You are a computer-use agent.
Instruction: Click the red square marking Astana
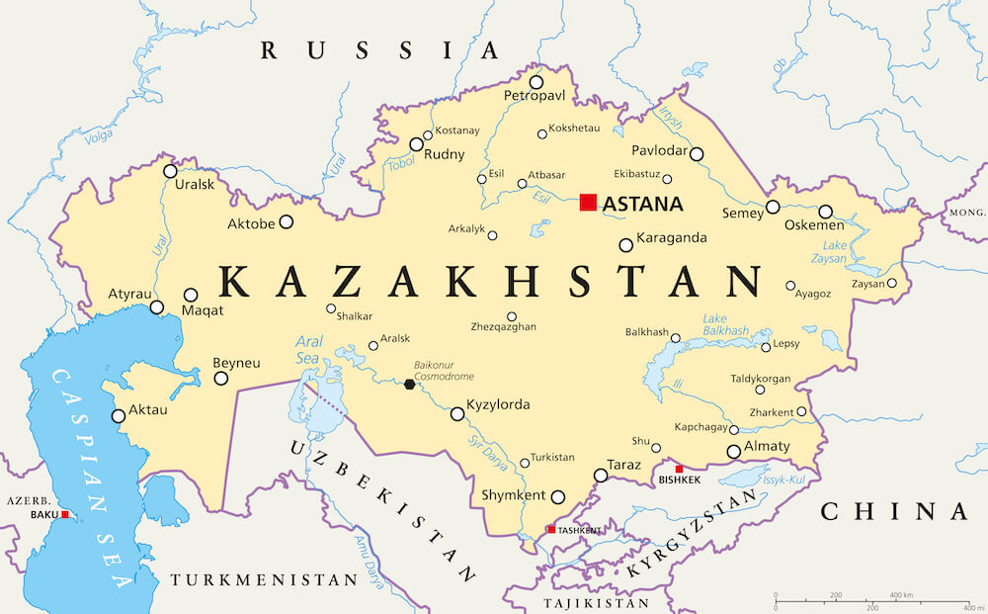(x=588, y=203)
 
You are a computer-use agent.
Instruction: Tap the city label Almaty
(x=767, y=447)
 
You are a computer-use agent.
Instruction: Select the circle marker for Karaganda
(x=625, y=245)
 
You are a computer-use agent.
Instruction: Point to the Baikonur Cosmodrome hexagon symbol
(x=410, y=385)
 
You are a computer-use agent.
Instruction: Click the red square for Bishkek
(x=678, y=469)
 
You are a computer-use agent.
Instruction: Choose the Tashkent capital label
(x=579, y=530)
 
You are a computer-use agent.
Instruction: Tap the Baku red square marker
(x=65, y=514)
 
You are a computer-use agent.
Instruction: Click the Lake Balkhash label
(x=725, y=324)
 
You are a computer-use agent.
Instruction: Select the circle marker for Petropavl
(x=536, y=82)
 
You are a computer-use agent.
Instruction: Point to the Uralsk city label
(x=194, y=185)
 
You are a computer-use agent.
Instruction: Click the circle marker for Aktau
(x=119, y=416)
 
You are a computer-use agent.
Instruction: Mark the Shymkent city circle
(x=558, y=497)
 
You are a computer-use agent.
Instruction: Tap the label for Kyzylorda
(x=499, y=405)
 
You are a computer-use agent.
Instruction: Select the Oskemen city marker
(x=825, y=212)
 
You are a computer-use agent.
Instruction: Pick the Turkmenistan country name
(x=264, y=579)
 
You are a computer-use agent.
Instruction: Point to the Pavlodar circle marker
(x=697, y=154)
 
